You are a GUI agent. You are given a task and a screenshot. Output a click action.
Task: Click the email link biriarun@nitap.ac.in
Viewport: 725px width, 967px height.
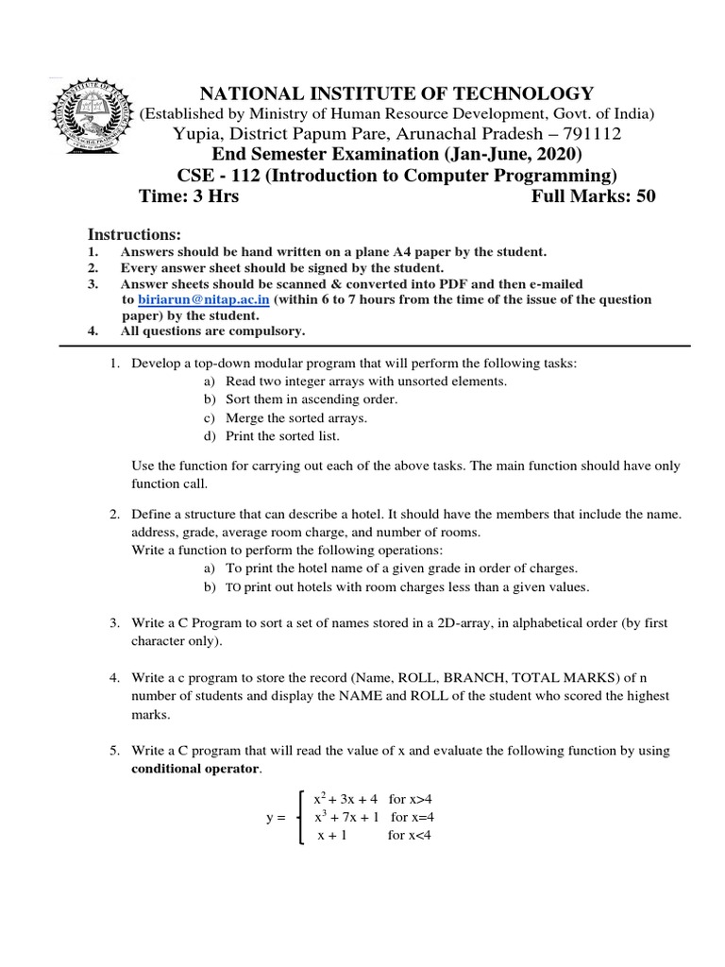[204, 299]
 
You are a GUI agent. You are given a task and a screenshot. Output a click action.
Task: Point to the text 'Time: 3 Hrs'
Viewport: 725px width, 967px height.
[189, 196]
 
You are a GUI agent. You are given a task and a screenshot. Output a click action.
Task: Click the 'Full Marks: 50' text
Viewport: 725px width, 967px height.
[593, 196]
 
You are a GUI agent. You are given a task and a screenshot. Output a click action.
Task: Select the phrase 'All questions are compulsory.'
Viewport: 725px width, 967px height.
[212, 331]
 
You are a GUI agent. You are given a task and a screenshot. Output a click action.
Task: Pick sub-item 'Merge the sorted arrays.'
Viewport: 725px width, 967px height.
[296, 417]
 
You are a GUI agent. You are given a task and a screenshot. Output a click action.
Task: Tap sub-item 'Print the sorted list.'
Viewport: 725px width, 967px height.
[282, 435]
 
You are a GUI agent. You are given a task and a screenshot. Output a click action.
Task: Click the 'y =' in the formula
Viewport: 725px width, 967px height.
[275, 818]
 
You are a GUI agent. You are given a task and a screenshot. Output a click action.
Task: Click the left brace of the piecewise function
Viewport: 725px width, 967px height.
[300, 818]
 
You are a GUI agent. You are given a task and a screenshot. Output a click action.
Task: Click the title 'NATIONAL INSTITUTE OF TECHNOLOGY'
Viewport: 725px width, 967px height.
[395, 93]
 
